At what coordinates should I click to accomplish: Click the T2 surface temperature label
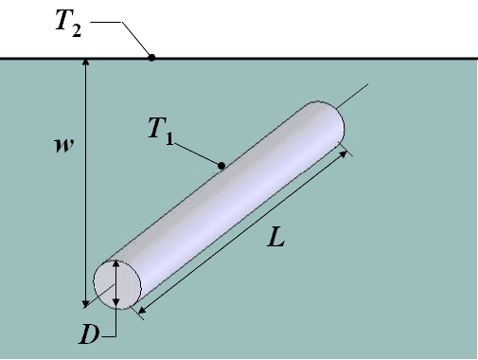point(68,24)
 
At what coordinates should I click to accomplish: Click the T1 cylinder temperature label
point(161,131)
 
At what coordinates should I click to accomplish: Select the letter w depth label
point(64,146)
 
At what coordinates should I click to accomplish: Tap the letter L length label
point(276,238)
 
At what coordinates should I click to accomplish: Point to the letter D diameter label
point(89,334)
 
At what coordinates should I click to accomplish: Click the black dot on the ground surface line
point(151,58)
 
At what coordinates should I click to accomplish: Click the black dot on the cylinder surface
point(221,166)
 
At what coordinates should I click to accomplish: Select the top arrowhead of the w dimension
point(85,62)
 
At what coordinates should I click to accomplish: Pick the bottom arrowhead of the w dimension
point(85,304)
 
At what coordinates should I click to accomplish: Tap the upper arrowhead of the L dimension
point(343,154)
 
